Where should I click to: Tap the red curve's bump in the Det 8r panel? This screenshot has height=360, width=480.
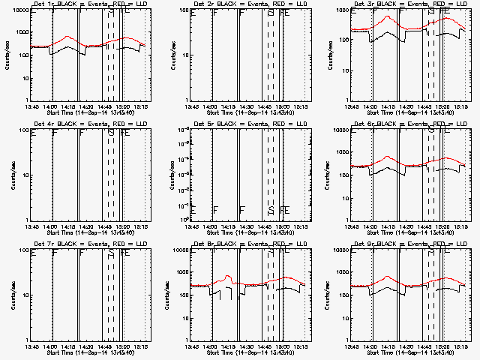tap(227, 276)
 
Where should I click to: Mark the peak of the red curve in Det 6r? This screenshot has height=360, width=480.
tap(387, 156)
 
